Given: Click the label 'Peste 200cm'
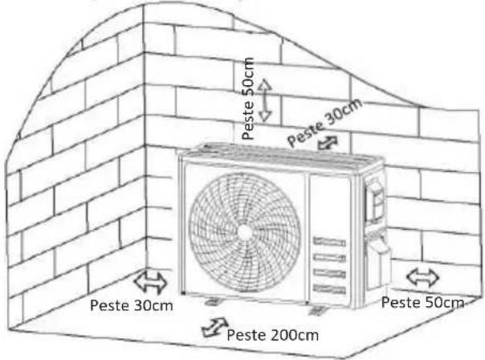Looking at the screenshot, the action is pyautogui.click(x=272, y=335).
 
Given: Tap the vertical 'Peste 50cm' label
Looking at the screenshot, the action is pyautogui.click(x=248, y=98).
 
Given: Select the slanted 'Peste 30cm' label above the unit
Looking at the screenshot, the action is pyautogui.click(x=324, y=122).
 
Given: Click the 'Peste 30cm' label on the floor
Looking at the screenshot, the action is pyautogui.click(x=131, y=305).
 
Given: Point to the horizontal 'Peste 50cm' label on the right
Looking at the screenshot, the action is pyautogui.click(x=422, y=302).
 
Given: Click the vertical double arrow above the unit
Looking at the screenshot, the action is pyautogui.click(x=265, y=100).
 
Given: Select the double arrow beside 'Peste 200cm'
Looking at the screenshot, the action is pyautogui.click(x=214, y=326).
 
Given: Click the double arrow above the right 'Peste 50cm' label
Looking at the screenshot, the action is pyautogui.click(x=422, y=276).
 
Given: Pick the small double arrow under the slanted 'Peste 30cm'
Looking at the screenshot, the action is pyautogui.click(x=328, y=143).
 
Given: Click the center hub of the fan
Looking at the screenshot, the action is pyautogui.click(x=244, y=232).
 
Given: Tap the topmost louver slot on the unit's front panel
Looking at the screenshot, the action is pyautogui.click(x=329, y=241).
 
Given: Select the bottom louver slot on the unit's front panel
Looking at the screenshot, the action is pyautogui.click(x=329, y=288).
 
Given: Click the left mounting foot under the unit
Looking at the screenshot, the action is pyautogui.click(x=212, y=301).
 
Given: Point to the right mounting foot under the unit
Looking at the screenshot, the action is pyautogui.click(x=316, y=309).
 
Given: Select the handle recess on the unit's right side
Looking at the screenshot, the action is pyautogui.click(x=376, y=200).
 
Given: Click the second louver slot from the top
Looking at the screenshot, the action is pyautogui.click(x=329, y=257).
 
